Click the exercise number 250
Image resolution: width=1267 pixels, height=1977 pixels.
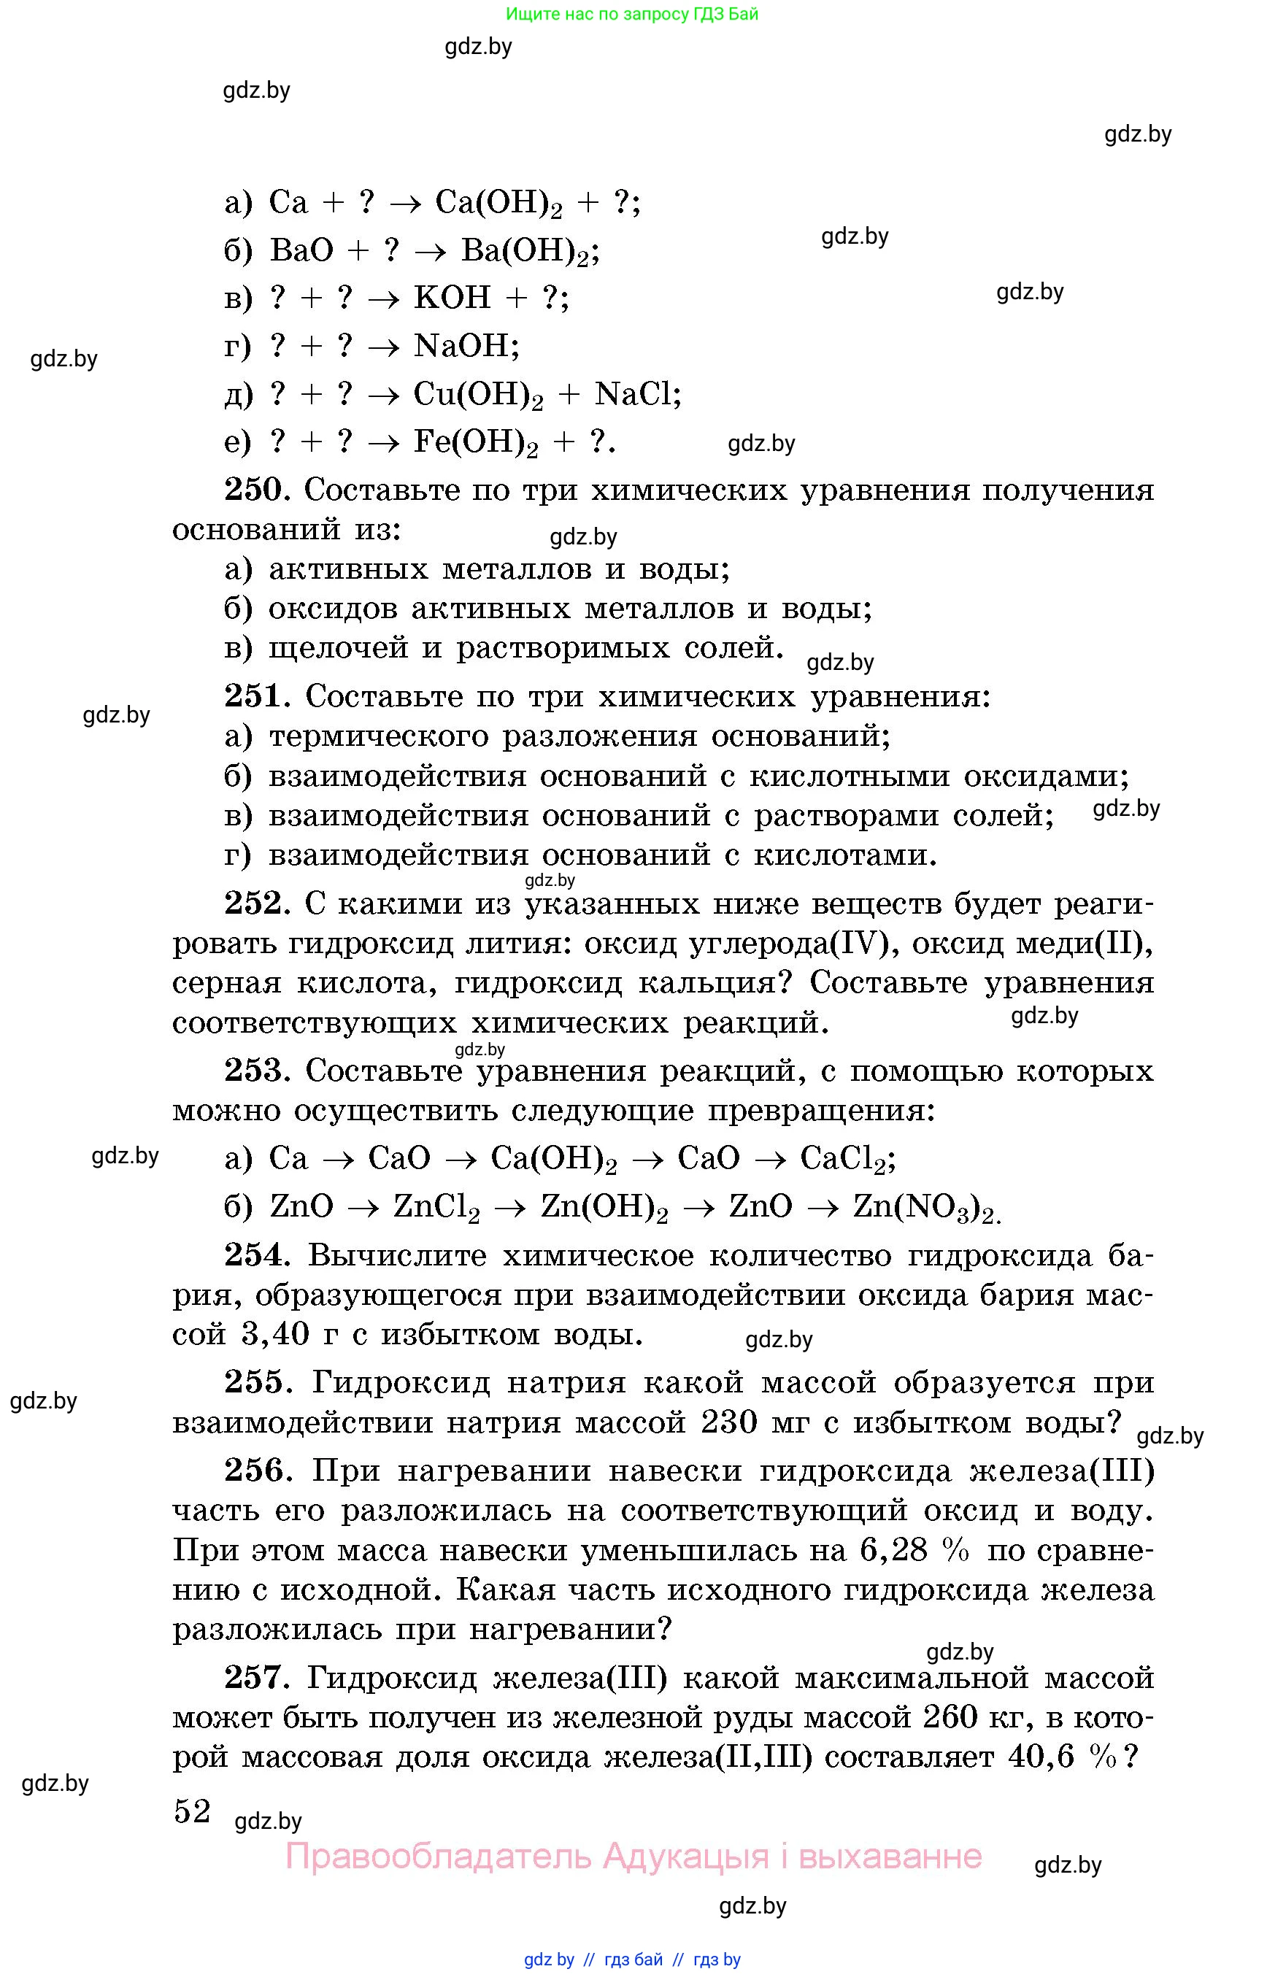click(x=254, y=490)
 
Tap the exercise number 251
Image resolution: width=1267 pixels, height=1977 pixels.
click(x=255, y=697)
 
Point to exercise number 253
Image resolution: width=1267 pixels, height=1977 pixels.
click(x=255, y=1071)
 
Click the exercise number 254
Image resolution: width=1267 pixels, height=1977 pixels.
click(x=255, y=1255)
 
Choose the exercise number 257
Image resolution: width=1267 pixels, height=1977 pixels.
click(x=255, y=1678)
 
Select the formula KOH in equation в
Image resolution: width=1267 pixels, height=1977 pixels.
click(x=452, y=298)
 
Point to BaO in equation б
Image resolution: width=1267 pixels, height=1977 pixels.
click(x=301, y=250)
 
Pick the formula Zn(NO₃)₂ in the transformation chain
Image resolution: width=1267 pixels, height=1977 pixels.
click(x=925, y=1208)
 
